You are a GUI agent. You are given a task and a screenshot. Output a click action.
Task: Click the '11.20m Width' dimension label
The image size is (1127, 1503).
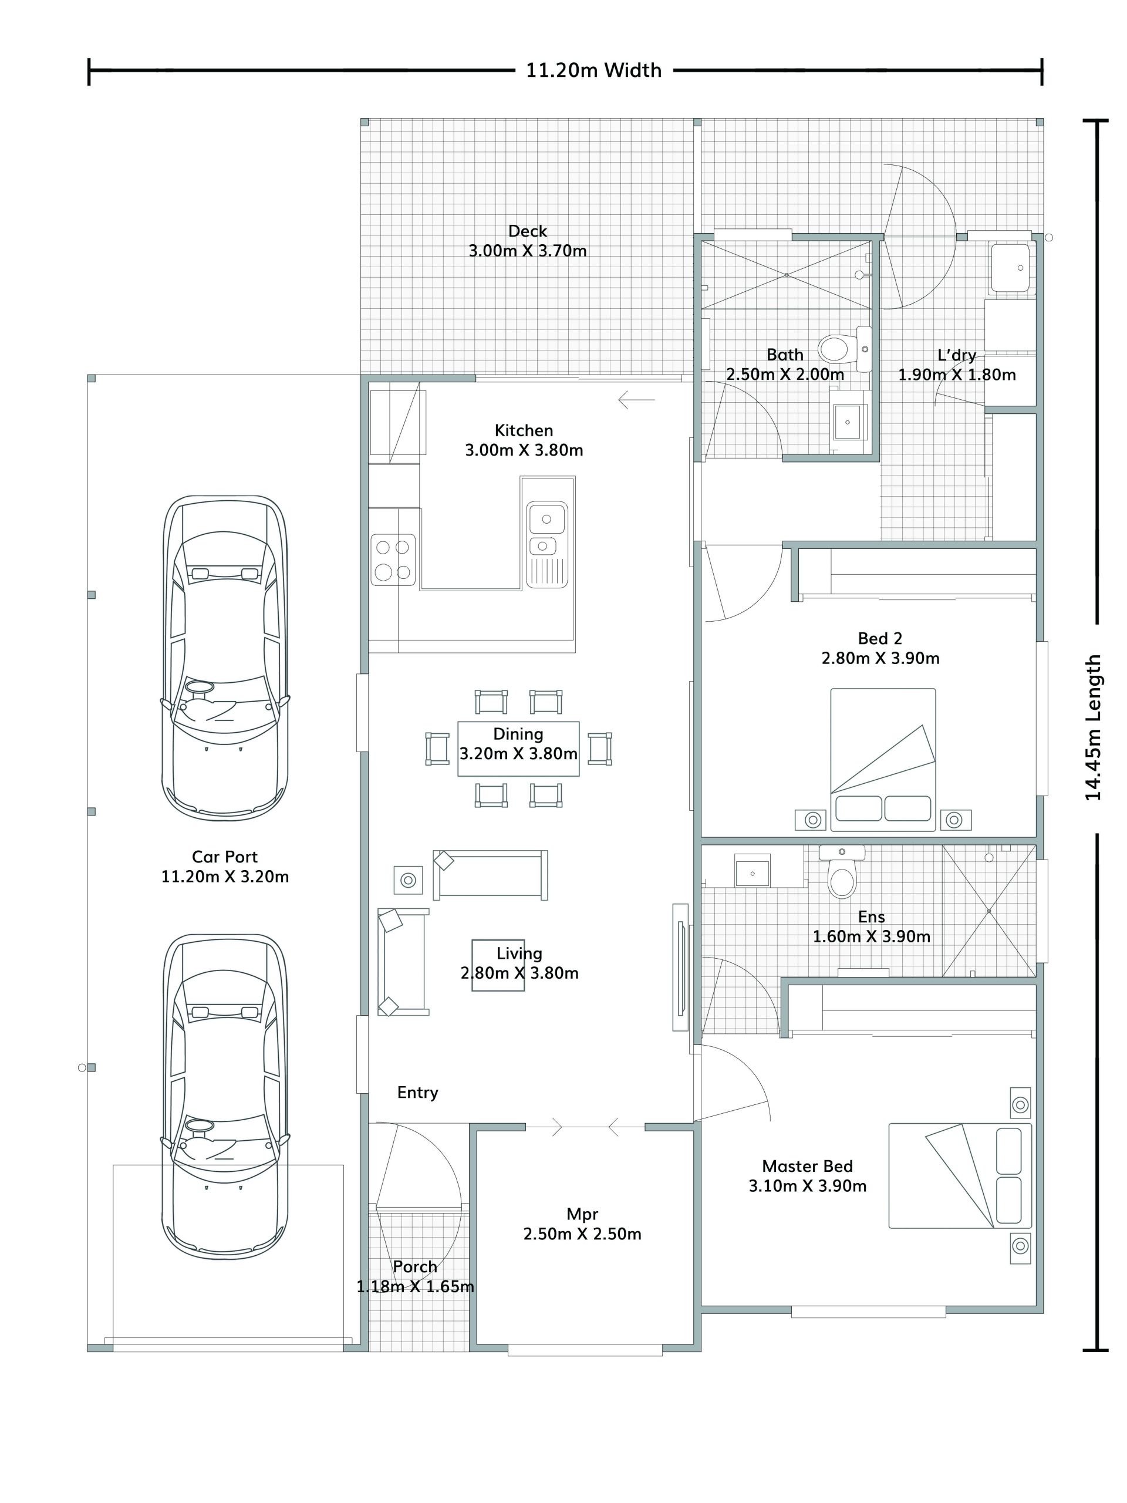point(593,70)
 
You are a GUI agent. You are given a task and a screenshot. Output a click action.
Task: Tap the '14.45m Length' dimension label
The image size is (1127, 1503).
point(1092,727)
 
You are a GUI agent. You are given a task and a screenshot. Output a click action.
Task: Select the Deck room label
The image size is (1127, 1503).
point(527,231)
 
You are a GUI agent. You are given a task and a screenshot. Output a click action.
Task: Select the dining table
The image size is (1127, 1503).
point(518,748)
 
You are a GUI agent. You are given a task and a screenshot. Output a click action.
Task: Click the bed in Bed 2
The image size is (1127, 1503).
point(882,760)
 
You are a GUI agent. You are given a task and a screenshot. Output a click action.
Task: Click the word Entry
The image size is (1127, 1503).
point(418,1093)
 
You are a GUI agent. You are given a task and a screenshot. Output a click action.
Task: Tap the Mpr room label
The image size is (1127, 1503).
point(582,1214)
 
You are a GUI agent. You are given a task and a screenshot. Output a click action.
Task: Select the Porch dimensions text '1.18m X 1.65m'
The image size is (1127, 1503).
point(415,1286)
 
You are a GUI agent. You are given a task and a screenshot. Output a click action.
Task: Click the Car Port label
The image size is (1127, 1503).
point(225,857)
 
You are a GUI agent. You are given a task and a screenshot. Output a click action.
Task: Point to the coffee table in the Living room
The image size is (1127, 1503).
point(498,965)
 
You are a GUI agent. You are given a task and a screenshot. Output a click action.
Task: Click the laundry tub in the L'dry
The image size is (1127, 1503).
point(1010,268)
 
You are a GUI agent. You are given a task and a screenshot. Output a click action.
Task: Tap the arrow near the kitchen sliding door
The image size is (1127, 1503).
point(636,400)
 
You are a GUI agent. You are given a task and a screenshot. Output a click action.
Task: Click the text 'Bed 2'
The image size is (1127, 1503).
point(880,638)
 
